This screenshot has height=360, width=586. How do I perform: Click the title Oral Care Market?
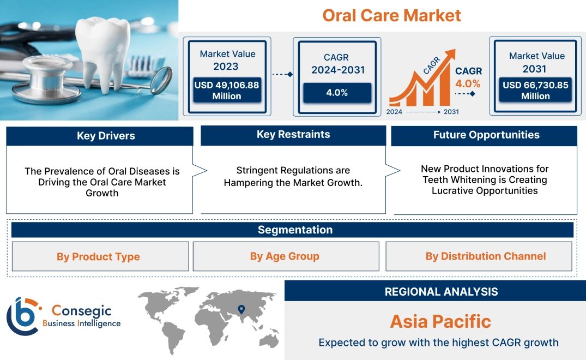(391, 15)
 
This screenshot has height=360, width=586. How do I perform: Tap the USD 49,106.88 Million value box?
(226, 90)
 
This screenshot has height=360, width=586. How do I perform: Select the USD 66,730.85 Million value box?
(535, 90)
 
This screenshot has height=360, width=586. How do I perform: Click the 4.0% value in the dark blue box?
(337, 93)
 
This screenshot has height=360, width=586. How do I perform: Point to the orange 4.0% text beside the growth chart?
(468, 83)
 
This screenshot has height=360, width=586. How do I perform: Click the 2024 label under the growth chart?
(395, 112)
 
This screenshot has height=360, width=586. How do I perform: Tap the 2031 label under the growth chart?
(451, 112)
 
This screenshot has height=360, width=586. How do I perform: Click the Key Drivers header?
(106, 136)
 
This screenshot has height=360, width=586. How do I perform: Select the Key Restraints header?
(293, 135)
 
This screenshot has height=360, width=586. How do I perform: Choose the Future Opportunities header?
(486, 135)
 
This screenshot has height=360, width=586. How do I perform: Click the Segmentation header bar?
(295, 230)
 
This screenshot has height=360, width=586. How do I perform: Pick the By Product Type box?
(99, 257)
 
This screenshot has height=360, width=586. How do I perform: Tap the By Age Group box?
(285, 256)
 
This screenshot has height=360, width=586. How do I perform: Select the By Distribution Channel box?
(486, 256)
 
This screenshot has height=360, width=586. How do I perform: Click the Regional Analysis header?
(441, 292)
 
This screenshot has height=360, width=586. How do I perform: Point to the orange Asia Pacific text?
(440, 321)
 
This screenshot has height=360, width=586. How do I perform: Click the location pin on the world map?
(241, 310)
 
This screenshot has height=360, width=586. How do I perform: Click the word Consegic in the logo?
(81, 311)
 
